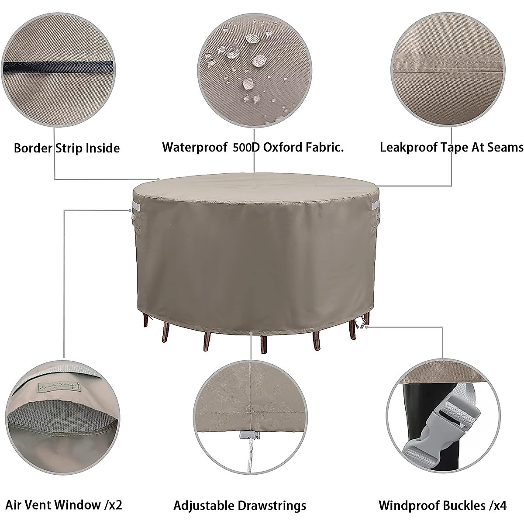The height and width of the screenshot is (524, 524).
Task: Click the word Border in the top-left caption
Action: (x=33, y=148)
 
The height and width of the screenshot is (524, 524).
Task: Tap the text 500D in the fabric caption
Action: (x=248, y=147)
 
